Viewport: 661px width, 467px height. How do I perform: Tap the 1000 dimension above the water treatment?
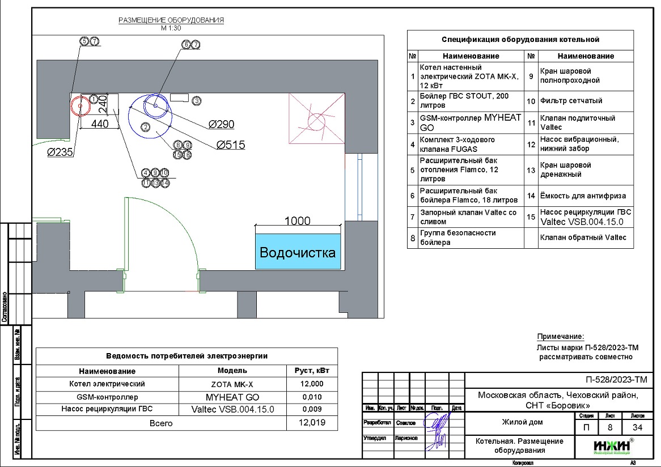click(x=297, y=221)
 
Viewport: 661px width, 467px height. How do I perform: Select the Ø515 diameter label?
click(x=231, y=145)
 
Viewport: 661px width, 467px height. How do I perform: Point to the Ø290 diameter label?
click(x=221, y=124)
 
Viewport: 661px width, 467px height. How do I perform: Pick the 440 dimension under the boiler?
click(x=100, y=125)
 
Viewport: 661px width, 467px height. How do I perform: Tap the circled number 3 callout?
click(x=196, y=101)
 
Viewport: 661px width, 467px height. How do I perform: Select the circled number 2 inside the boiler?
click(x=145, y=127)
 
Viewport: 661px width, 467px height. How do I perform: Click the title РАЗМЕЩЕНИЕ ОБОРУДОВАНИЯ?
click(x=171, y=20)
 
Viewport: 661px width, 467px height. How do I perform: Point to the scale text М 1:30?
click(x=171, y=28)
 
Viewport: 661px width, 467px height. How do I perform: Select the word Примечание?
click(x=560, y=337)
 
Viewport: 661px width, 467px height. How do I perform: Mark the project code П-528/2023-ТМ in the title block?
click(x=615, y=380)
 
